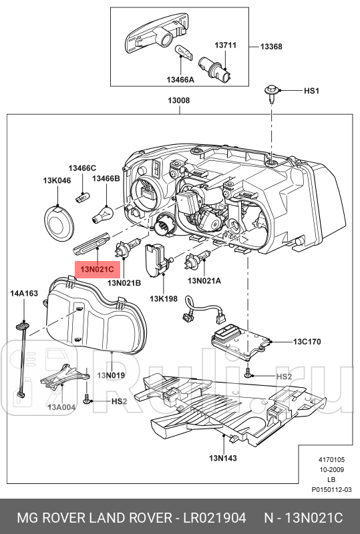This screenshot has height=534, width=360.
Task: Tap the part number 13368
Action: [x=272, y=47]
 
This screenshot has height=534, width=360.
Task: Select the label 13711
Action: [x=225, y=45]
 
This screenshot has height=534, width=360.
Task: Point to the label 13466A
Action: [x=180, y=79]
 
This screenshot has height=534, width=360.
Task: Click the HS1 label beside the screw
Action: [x=313, y=90]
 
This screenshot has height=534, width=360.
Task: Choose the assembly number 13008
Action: [x=178, y=101]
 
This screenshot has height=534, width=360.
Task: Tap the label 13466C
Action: [x=82, y=168]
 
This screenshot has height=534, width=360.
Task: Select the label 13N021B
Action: [x=124, y=283]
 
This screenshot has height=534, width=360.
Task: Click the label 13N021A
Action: [x=204, y=281]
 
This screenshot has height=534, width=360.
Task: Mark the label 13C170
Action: [x=307, y=342]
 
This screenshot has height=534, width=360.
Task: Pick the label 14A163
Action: [x=24, y=292]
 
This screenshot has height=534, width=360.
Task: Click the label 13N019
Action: [x=112, y=376]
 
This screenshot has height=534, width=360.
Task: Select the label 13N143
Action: [x=223, y=458]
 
